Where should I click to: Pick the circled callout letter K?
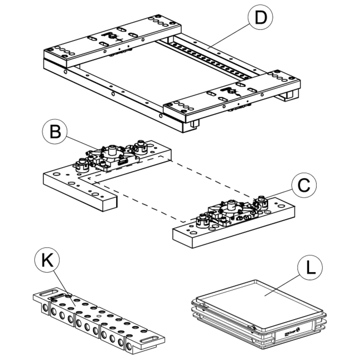pos(48,261)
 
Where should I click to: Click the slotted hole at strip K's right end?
pos(152,340)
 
